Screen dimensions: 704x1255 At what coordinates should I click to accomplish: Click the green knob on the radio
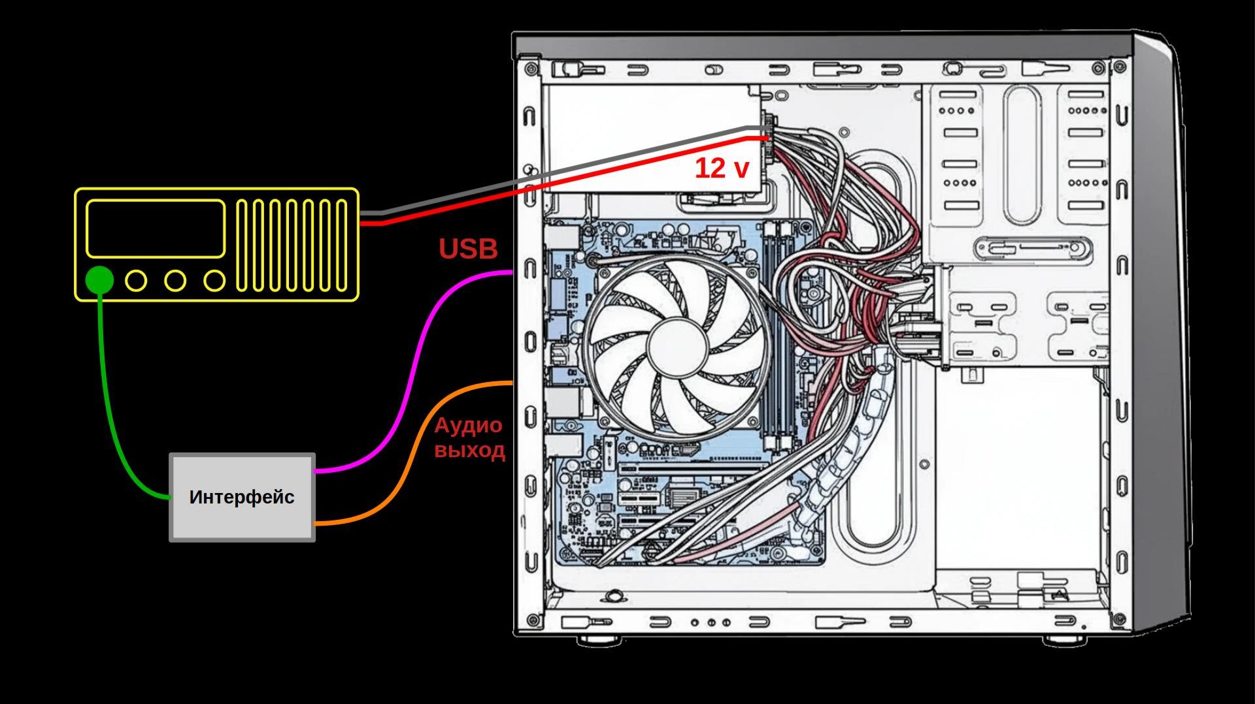tap(99, 280)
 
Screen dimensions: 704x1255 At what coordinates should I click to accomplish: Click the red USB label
tap(468, 249)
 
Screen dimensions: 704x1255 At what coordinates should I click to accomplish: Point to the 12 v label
tap(722, 168)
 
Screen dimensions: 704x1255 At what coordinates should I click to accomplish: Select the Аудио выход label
tap(469, 438)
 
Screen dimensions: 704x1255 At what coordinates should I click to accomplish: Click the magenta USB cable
tap(418, 366)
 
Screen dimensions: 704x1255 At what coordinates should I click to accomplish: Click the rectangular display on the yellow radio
tap(156, 229)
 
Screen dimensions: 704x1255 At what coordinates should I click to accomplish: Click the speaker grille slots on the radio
tap(292, 245)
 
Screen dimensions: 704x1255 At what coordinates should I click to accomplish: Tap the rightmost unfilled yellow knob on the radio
tap(214, 281)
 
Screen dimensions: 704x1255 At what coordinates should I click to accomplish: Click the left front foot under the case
tap(599, 640)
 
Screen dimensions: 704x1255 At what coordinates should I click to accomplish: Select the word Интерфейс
tap(242, 497)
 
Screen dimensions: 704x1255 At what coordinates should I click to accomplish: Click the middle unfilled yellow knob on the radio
tap(175, 281)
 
